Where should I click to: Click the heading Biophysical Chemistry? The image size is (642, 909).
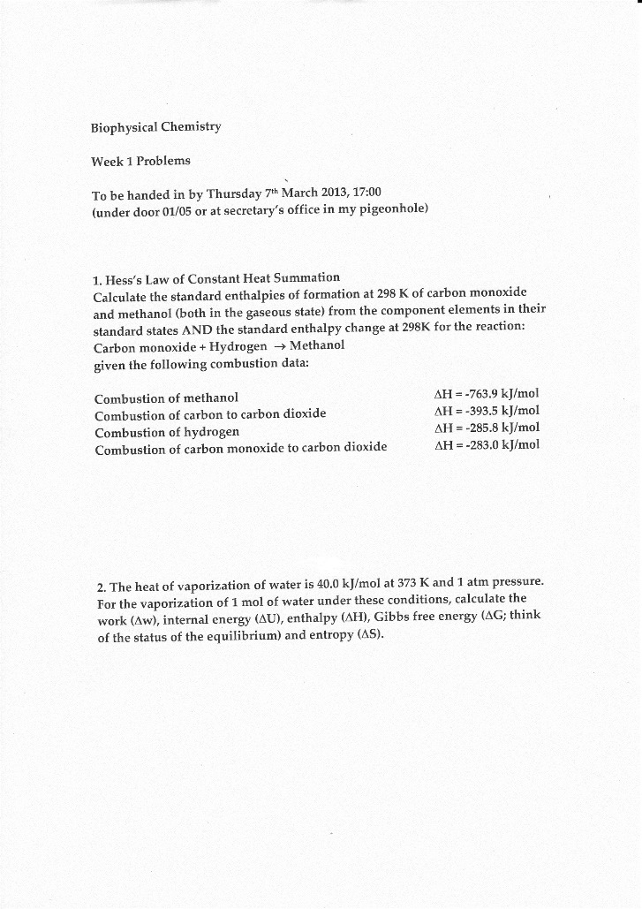[155, 126]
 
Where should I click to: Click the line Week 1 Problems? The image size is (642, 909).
[140, 161]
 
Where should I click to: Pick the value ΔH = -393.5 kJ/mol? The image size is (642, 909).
[487, 412]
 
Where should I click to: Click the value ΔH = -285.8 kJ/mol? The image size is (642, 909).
[487, 428]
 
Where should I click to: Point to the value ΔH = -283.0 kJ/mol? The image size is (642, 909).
[487, 445]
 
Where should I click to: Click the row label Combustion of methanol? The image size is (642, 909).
[165, 398]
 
